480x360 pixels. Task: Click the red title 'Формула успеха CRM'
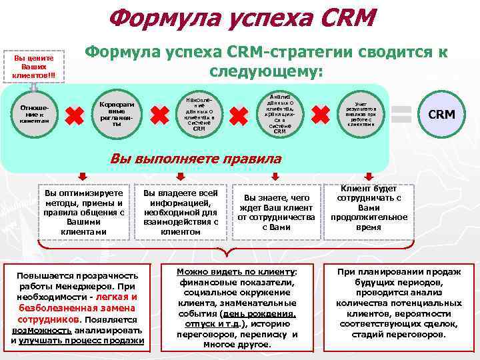pos(242,18)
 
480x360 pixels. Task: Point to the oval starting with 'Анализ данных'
pos(279,113)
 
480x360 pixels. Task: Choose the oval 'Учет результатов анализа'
pos(361,114)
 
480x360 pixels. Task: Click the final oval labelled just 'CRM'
pos(441,114)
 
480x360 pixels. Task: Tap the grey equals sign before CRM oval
pos(401,114)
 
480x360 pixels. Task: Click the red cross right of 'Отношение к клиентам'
pos(75,115)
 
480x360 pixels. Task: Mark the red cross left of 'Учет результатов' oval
pos(321,115)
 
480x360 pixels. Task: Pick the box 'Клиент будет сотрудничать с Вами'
pos(369,208)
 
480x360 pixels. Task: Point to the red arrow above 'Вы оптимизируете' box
pos(83,177)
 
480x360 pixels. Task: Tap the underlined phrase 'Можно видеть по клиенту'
pos(235,271)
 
